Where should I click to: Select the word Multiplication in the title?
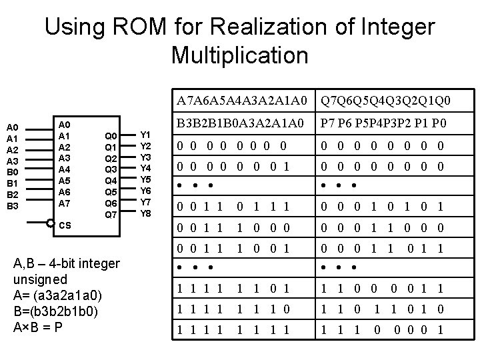239,55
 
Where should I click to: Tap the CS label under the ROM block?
65,225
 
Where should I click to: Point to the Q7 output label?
111,215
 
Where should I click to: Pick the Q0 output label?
111,136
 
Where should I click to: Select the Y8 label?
146,214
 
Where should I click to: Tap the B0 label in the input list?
13,172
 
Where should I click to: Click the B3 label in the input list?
13,206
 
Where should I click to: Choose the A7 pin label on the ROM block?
65,203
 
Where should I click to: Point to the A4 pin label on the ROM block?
65,169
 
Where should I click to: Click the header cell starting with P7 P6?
383,123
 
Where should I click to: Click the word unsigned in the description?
40,279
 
